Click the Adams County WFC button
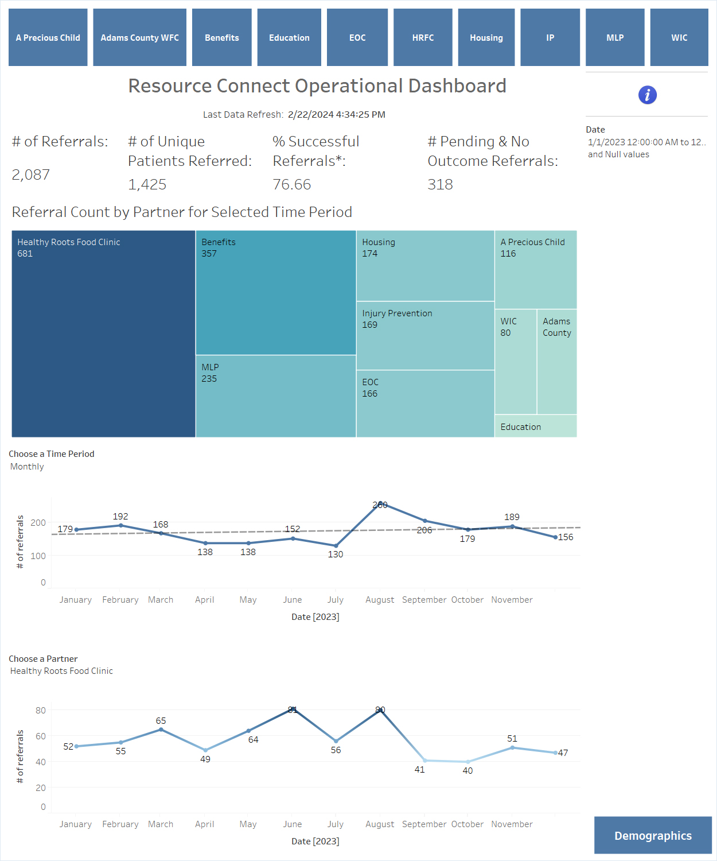pyautogui.click(x=140, y=37)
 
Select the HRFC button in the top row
pyautogui.click(x=423, y=37)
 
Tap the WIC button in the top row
pyautogui.click(x=679, y=37)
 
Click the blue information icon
pyautogui.click(x=648, y=95)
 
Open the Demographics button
pyautogui.click(x=653, y=835)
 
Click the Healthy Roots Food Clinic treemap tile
pyautogui.click(x=103, y=333)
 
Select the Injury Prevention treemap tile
pyautogui.click(x=425, y=336)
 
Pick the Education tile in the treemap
pyautogui.click(x=536, y=426)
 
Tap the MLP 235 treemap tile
pyautogui.click(x=276, y=396)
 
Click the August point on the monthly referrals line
pyautogui.click(x=380, y=503)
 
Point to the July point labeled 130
pyautogui.click(x=336, y=545)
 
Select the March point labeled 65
pyautogui.click(x=161, y=730)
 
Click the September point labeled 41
pyautogui.click(x=425, y=761)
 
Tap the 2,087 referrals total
pyautogui.click(x=30, y=175)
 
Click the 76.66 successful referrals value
pyautogui.click(x=292, y=184)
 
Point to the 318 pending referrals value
pyautogui.click(x=440, y=184)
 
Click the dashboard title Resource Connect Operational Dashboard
pyautogui.click(x=317, y=86)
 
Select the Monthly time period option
pyautogui.click(x=27, y=466)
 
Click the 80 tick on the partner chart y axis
pyautogui.click(x=41, y=710)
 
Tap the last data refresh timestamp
pyautogui.click(x=337, y=115)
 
